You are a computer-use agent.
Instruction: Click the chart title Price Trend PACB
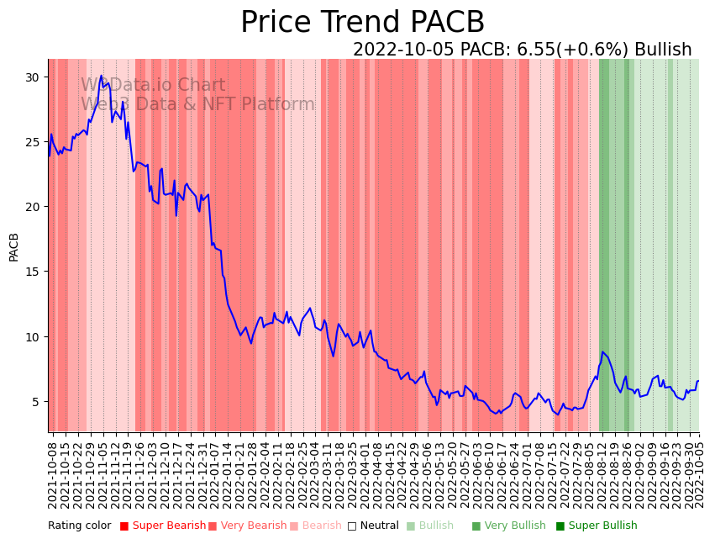[x=362, y=23]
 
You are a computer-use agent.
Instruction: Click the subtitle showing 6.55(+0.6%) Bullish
[x=522, y=50]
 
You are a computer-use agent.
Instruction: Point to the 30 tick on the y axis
[x=32, y=77]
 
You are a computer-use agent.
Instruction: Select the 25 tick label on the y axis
[x=32, y=141]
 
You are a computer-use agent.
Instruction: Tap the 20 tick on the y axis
[x=32, y=207]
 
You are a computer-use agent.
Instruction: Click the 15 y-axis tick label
[x=32, y=272]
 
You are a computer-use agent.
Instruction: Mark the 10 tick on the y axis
[x=32, y=336]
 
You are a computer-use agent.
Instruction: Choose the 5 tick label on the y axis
[x=35, y=402]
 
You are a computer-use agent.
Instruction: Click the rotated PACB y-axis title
[x=13, y=247]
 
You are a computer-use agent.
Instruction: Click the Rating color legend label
[x=80, y=526]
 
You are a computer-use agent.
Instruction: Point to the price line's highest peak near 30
[x=102, y=76]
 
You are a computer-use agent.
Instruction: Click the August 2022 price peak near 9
[x=602, y=351]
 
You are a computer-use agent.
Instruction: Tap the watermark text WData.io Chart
[x=153, y=85]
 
